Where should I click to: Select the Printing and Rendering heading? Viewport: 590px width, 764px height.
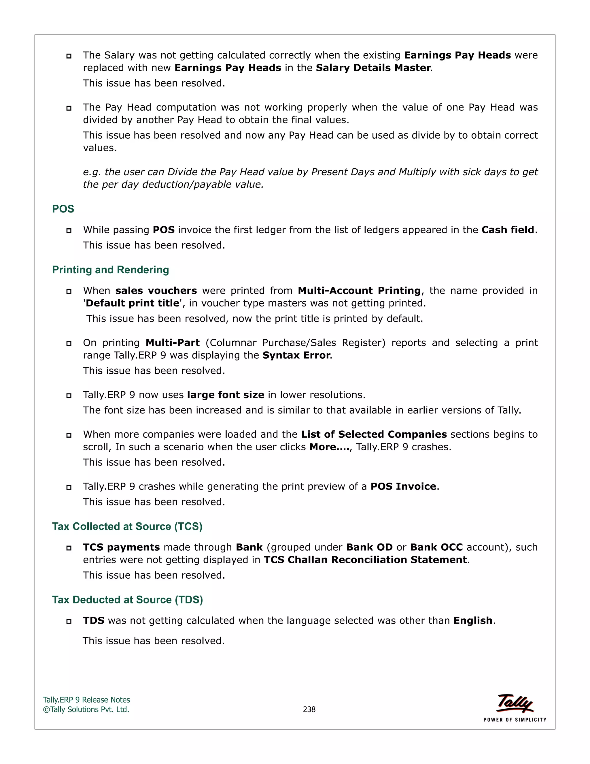point(110,270)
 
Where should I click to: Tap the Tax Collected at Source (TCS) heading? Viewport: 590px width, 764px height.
point(127,526)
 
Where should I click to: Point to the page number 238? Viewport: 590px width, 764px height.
point(309,710)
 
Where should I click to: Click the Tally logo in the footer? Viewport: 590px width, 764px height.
point(515,703)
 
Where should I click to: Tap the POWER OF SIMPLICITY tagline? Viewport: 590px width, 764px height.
point(515,720)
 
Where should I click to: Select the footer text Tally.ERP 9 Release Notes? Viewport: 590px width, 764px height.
point(86,700)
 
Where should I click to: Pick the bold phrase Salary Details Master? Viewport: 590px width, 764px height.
point(373,68)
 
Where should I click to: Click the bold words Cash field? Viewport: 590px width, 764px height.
point(508,230)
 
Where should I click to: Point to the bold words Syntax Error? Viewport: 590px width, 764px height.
point(296,355)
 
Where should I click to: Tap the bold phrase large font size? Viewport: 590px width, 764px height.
point(226,395)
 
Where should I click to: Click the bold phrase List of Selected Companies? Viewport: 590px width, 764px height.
point(374,434)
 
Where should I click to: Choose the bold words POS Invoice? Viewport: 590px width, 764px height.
point(403,487)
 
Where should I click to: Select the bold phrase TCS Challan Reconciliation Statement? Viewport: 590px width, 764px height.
point(366,560)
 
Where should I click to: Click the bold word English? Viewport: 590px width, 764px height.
point(473,621)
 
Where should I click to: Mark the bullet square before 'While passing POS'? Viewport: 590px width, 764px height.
point(69,231)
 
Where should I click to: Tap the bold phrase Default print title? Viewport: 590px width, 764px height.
point(133,303)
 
